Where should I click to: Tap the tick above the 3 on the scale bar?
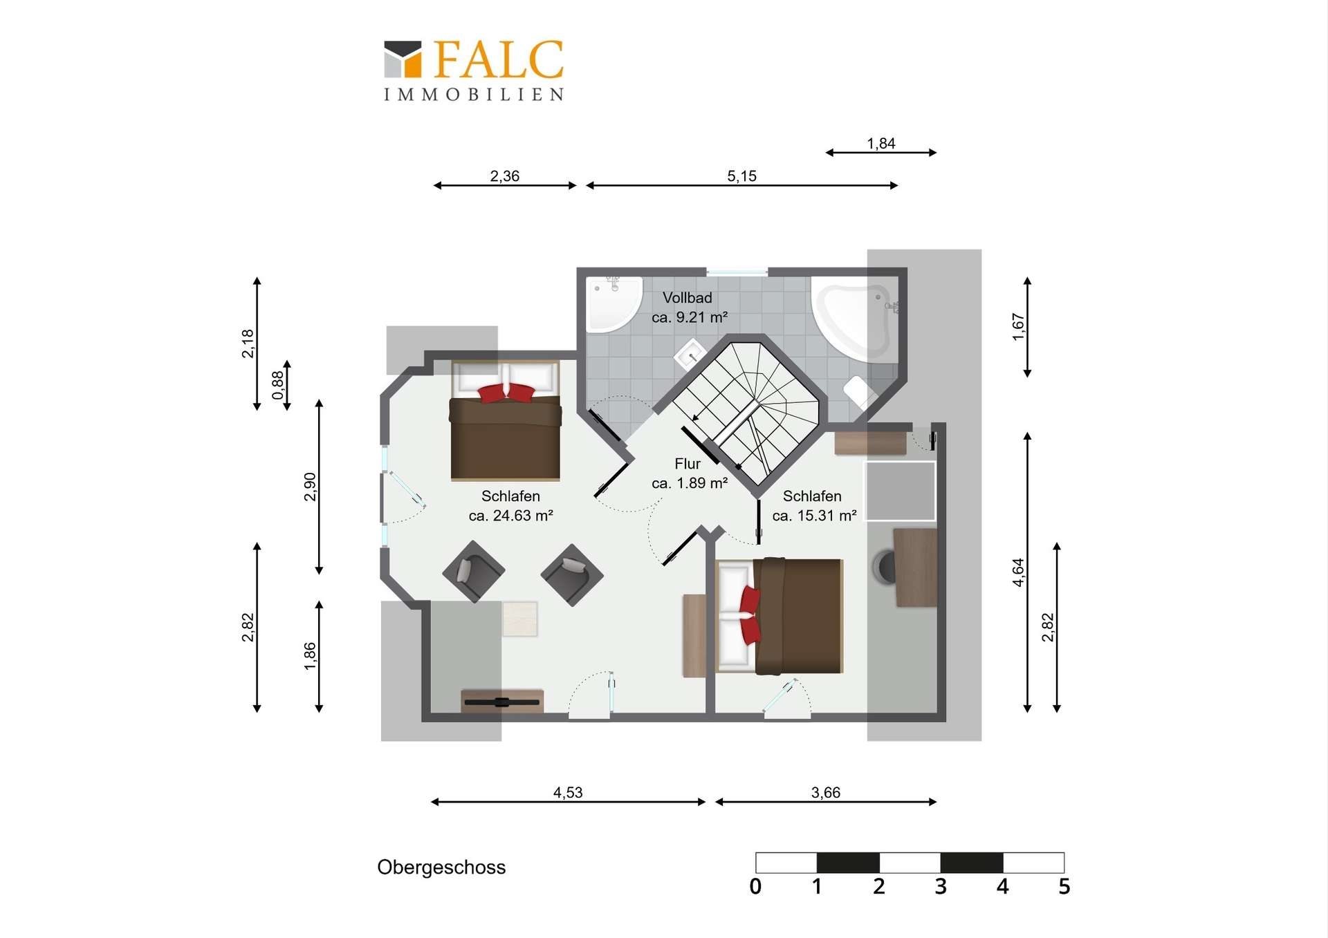(x=941, y=863)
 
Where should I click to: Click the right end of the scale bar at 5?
(x=1064, y=863)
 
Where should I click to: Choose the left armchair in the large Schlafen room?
(x=474, y=571)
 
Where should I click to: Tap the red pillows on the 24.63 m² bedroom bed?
(x=506, y=393)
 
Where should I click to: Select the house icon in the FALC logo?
(x=403, y=59)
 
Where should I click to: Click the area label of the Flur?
(x=690, y=483)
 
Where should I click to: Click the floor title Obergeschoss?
(x=441, y=867)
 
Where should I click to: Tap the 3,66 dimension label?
(x=826, y=792)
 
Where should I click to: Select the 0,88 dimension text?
(x=278, y=385)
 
